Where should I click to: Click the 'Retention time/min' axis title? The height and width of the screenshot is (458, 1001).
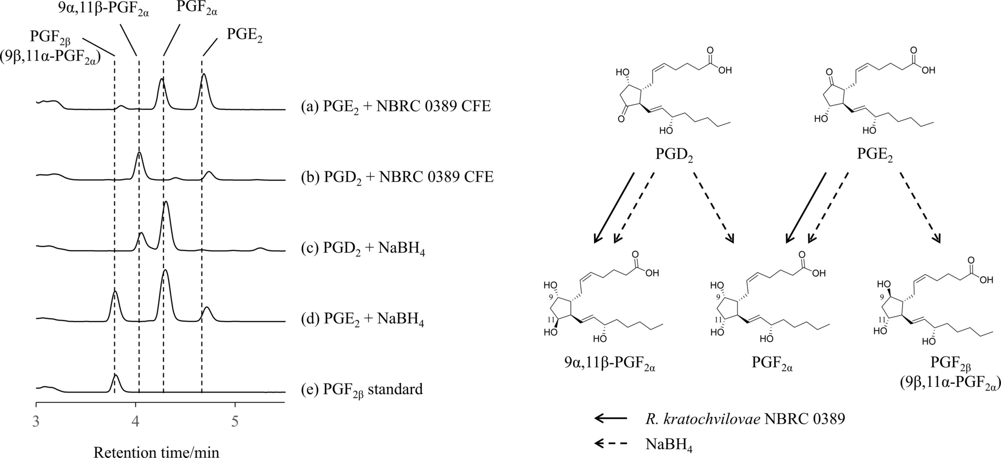point(156,451)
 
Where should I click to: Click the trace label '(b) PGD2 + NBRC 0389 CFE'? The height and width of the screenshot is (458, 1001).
point(397,177)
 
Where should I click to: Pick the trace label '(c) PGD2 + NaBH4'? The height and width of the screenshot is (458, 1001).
point(363,250)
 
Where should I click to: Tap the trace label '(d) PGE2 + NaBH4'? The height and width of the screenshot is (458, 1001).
point(362,320)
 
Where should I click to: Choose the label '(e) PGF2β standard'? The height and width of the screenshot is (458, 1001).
point(362,390)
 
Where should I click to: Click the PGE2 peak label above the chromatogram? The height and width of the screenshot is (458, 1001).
point(244,35)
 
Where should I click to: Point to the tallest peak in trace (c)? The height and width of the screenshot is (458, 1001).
point(166,203)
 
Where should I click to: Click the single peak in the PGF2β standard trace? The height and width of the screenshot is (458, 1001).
point(115,376)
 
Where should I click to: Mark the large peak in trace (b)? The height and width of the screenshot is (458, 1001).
point(139,154)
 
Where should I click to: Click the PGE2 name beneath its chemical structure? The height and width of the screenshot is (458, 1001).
point(875,155)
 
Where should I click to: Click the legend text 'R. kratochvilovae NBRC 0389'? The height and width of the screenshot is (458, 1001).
point(745,419)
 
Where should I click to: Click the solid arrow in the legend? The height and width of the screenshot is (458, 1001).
point(611,419)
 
